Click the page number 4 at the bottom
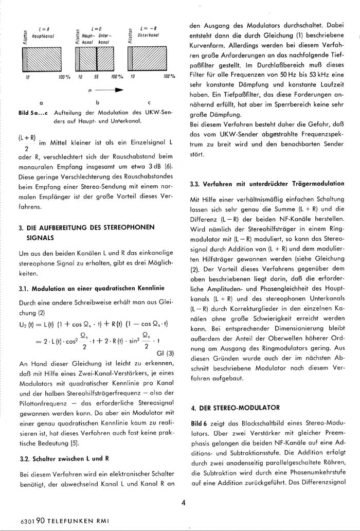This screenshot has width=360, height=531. pyautogui.click(x=183, y=503)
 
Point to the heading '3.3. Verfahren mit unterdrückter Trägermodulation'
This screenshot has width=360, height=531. pyautogui.click(x=267, y=183)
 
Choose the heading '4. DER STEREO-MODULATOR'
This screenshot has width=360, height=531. pyautogui.click(x=235, y=408)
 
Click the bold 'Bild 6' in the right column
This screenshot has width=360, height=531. pyautogui.click(x=200, y=422)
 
